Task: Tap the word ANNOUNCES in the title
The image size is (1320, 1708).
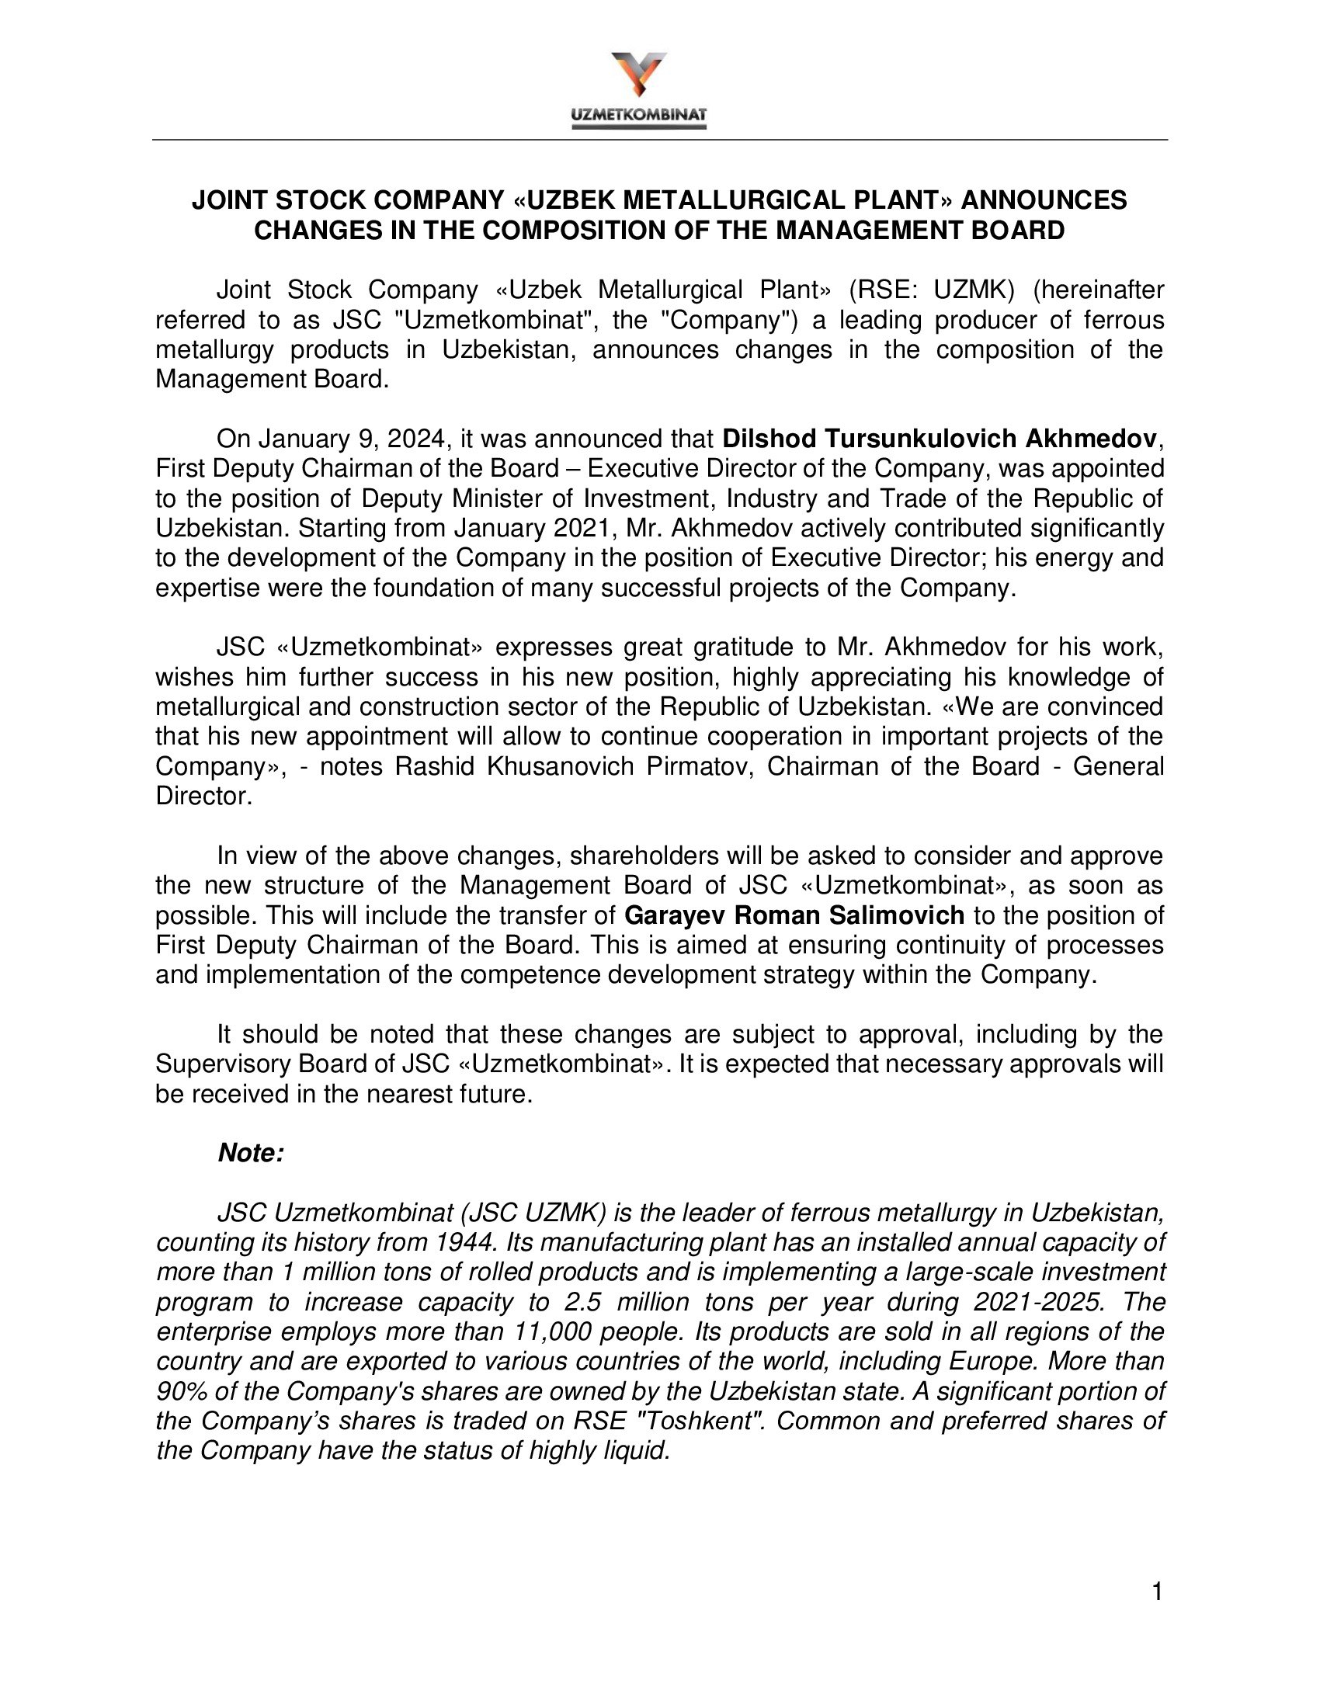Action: (1044, 201)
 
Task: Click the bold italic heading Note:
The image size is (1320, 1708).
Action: (251, 1153)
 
